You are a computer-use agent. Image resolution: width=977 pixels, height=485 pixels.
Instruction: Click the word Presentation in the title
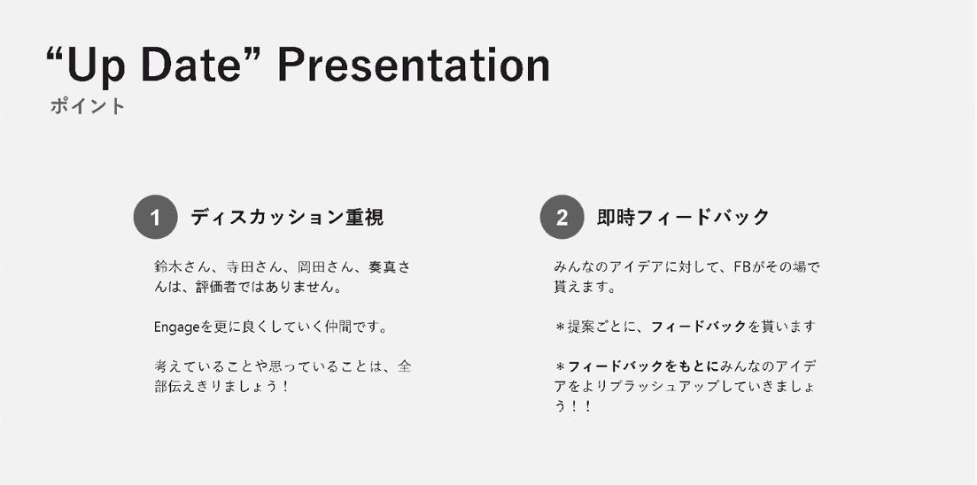pos(414,66)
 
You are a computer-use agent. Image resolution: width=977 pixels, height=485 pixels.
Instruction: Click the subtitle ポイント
pos(88,106)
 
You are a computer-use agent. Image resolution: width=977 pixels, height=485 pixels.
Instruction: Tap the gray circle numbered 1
pos(156,217)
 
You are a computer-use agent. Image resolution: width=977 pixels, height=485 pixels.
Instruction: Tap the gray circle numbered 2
pos(562,217)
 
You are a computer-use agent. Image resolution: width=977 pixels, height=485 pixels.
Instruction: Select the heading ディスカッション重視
pos(287,218)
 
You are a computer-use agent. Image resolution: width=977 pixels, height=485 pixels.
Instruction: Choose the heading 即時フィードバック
pos(684,218)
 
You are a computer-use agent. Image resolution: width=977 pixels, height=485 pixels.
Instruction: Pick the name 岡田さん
pos(322,267)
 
